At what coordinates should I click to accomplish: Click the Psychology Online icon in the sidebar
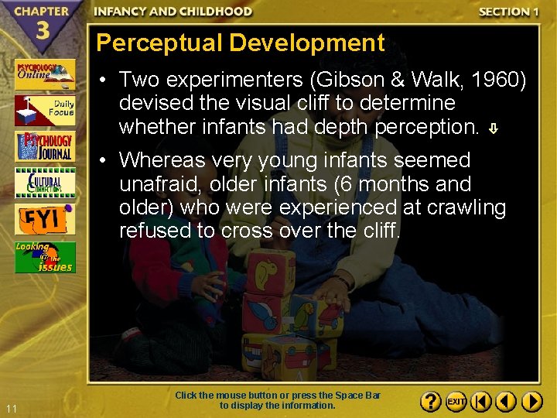[x=45, y=74]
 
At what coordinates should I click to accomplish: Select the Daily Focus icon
[x=45, y=111]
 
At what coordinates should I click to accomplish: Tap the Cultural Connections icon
[x=45, y=183]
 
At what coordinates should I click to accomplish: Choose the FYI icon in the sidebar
[x=45, y=219]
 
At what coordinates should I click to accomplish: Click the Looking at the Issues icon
[x=45, y=257]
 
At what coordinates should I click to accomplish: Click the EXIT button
[x=456, y=402]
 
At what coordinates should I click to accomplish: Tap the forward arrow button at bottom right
[x=531, y=402]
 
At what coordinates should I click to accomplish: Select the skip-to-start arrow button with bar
[x=481, y=402]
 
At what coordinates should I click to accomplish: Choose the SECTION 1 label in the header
[x=508, y=12]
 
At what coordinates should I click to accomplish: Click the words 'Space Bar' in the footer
[x=362, y=396]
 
